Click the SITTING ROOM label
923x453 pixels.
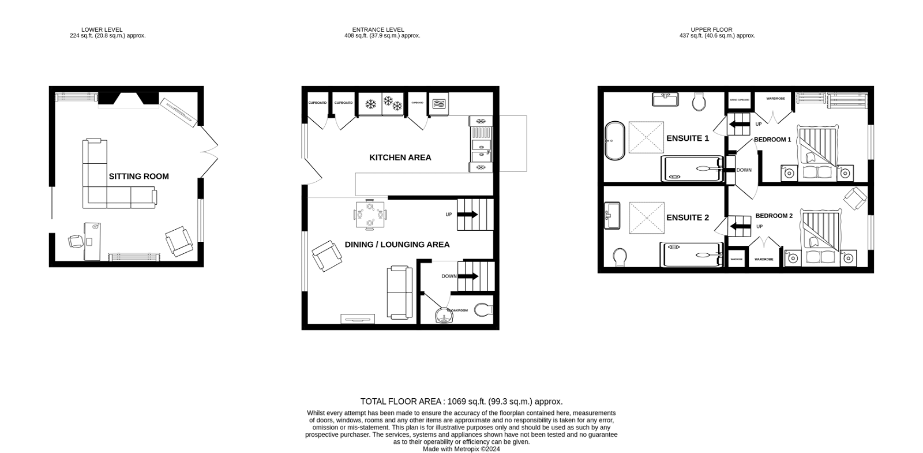[138, 177]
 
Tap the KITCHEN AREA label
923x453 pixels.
[400, 158]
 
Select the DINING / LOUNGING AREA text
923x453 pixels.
[397, 245]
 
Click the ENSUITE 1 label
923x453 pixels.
[687, 138]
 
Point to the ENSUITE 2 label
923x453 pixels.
[687, 218]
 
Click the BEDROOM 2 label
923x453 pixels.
[774, 216]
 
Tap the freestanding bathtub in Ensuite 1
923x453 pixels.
[614, 141]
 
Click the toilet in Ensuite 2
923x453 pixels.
[621, 256]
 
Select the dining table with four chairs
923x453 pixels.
[370, 214]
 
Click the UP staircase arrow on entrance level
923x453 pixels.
[467, 215]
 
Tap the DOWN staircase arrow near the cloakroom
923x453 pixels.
[467, 276]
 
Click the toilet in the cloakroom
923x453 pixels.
[483, 310]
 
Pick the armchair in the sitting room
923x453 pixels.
[178, 241]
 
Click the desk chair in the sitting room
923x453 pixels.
[76, 241]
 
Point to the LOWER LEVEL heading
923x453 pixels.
[107, 32]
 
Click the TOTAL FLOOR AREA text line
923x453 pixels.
[461, 402]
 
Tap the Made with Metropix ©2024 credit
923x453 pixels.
[461, 449]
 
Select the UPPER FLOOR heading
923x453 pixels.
[716, 32]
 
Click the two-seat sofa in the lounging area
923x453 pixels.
[399, 293]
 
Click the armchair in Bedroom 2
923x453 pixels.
[855, 199]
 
